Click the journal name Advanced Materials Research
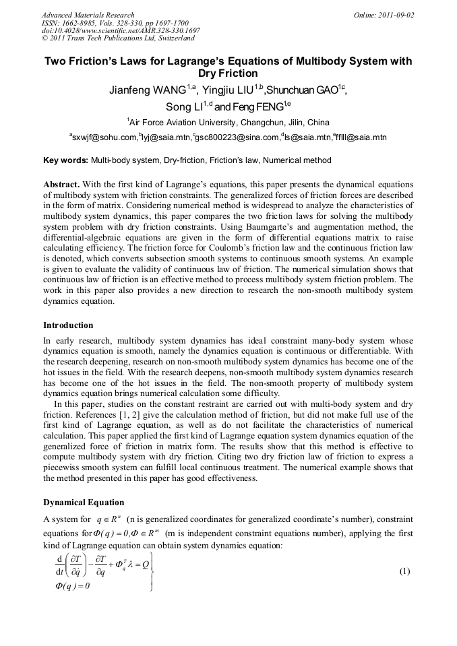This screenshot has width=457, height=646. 88,15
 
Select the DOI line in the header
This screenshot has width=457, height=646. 121,30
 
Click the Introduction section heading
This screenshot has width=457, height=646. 68,325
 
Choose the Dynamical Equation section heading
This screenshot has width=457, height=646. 84,503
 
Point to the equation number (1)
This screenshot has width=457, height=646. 404,571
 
